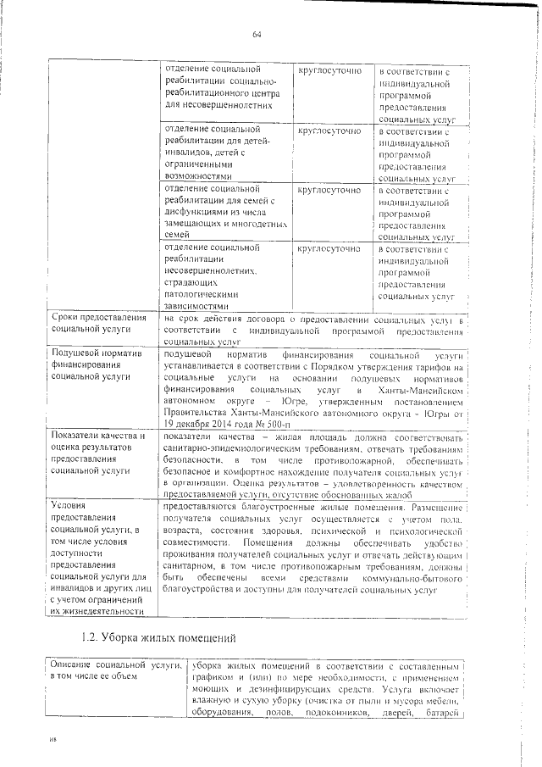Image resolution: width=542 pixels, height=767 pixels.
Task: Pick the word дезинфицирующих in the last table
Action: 278,690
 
